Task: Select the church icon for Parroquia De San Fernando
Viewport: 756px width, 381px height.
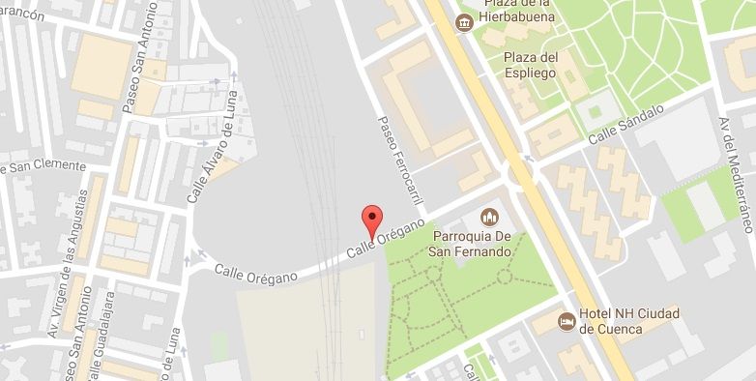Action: (x=488, y=216)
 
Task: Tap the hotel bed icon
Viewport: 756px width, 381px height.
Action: (x=566, y=320)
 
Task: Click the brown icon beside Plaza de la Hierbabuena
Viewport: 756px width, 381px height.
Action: (x=463, y=21)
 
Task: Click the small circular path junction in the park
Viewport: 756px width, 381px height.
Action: (x=505, y=276)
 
